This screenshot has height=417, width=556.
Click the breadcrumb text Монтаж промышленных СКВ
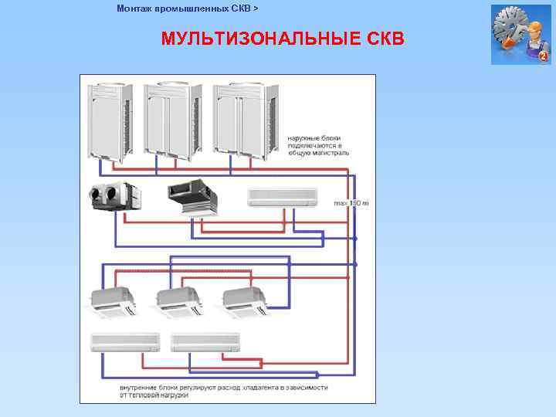point(183,8)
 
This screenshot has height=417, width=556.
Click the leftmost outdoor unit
point(111,120)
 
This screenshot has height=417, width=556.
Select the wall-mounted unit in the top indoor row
point(283,198)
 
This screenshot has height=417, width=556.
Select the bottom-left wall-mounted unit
point(125,342)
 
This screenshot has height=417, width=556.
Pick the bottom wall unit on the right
point(205,342)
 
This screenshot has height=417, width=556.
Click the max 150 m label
point(351,202)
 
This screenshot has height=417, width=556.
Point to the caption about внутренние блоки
point(224,390)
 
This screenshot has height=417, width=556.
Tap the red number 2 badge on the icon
point(543,57)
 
